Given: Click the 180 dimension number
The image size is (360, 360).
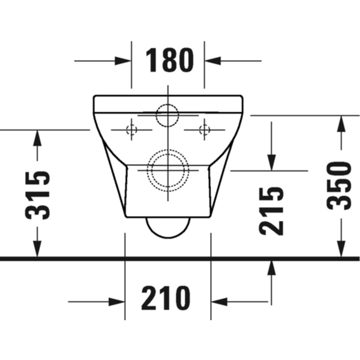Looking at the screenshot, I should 168,61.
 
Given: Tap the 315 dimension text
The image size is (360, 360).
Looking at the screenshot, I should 37,195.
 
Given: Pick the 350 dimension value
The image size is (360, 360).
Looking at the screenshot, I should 339,185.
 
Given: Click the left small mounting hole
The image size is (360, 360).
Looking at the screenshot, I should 131,130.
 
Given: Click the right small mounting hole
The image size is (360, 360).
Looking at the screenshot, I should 204,130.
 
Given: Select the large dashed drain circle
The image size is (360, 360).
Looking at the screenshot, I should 168,169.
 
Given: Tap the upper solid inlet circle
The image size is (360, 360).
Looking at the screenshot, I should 168,116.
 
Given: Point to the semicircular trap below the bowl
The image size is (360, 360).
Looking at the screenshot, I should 168,228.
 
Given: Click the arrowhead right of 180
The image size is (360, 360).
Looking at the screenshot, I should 213,61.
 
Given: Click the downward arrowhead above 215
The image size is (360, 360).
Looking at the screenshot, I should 271,162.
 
